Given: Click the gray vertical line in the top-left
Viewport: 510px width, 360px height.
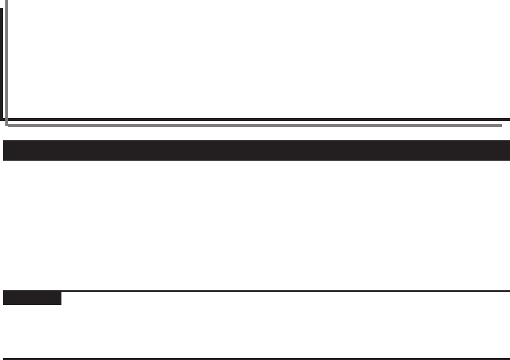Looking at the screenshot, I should click(x=6, y=63).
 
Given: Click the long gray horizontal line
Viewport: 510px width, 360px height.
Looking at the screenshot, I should click(x=252, y=125).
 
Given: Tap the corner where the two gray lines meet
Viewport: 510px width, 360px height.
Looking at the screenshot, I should click(x=6, y=125).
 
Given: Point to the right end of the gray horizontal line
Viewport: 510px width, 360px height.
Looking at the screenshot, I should click(x=501, y=125).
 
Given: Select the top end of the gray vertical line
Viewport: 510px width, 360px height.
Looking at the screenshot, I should click(x=6, y=1).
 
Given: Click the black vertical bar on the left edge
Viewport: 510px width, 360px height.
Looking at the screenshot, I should click(x=1, y=63).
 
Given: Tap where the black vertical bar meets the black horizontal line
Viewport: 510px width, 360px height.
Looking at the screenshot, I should click(x=1, y=119).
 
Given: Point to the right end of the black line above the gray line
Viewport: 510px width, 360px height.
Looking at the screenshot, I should click(x=509, y=119).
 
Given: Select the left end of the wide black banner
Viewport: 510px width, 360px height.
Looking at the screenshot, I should click(x=4, y=150).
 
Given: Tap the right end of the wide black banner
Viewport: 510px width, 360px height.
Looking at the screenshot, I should click(x=508, y=150).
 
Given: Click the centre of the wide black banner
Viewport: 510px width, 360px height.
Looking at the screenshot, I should click(x=256, y=150).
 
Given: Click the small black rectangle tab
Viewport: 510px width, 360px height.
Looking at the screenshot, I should click(x=32, y=298).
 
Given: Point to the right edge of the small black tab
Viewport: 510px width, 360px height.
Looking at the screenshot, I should click(x=61, y=298).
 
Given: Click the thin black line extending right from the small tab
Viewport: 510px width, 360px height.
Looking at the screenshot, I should click(x=285, y=291).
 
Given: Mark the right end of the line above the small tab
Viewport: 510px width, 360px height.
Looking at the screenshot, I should click(x=509, y=291).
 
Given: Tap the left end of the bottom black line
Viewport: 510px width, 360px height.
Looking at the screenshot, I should click(x=4, y=359).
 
